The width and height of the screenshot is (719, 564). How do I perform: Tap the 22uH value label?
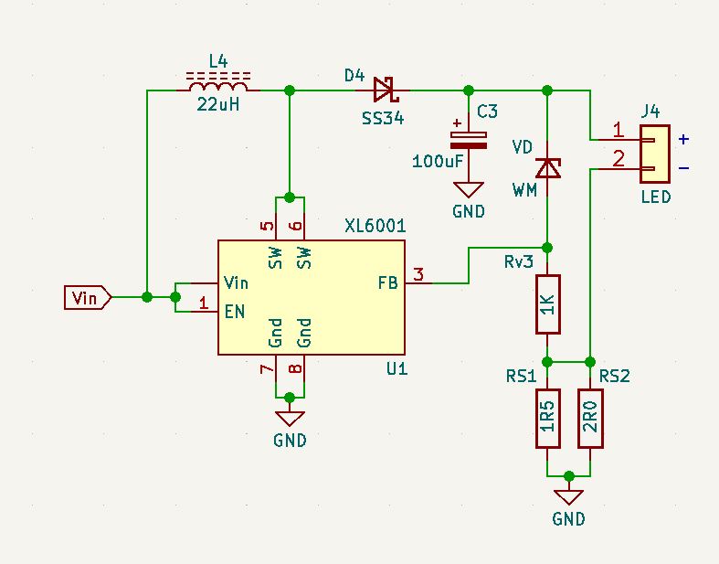tap(218, 104)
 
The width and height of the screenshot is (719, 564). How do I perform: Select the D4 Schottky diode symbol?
tap(386, 90)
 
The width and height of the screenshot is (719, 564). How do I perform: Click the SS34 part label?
tap(383, 119)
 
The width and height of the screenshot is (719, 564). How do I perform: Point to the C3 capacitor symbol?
tap(468, 141)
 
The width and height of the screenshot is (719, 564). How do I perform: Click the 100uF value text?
tap(438, 161)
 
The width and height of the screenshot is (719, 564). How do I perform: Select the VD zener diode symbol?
tap(548, 168)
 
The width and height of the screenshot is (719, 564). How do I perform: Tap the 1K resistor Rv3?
tap(548, 304)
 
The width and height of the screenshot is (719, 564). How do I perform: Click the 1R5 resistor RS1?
tap(548, 418)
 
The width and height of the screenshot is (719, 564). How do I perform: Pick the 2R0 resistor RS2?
tap(590, 418)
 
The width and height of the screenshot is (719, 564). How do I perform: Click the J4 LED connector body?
tap(655, 154)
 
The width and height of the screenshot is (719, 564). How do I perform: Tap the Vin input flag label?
tap(87, 298)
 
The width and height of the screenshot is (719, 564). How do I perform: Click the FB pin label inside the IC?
tap(388, 283)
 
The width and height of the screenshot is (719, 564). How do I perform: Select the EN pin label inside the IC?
tap(234, 312)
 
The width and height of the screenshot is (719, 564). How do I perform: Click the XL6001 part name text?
tap(375, 226)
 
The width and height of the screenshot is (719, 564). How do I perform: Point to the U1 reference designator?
tap(397, 368)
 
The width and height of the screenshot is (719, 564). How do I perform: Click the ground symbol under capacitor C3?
tap(468, 189)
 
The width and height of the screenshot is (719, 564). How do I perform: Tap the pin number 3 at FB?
tap(418, 275)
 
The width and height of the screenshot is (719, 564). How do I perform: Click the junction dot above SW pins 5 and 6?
tap(290, 197)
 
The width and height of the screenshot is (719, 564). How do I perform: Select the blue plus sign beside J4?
tap(683, 139)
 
